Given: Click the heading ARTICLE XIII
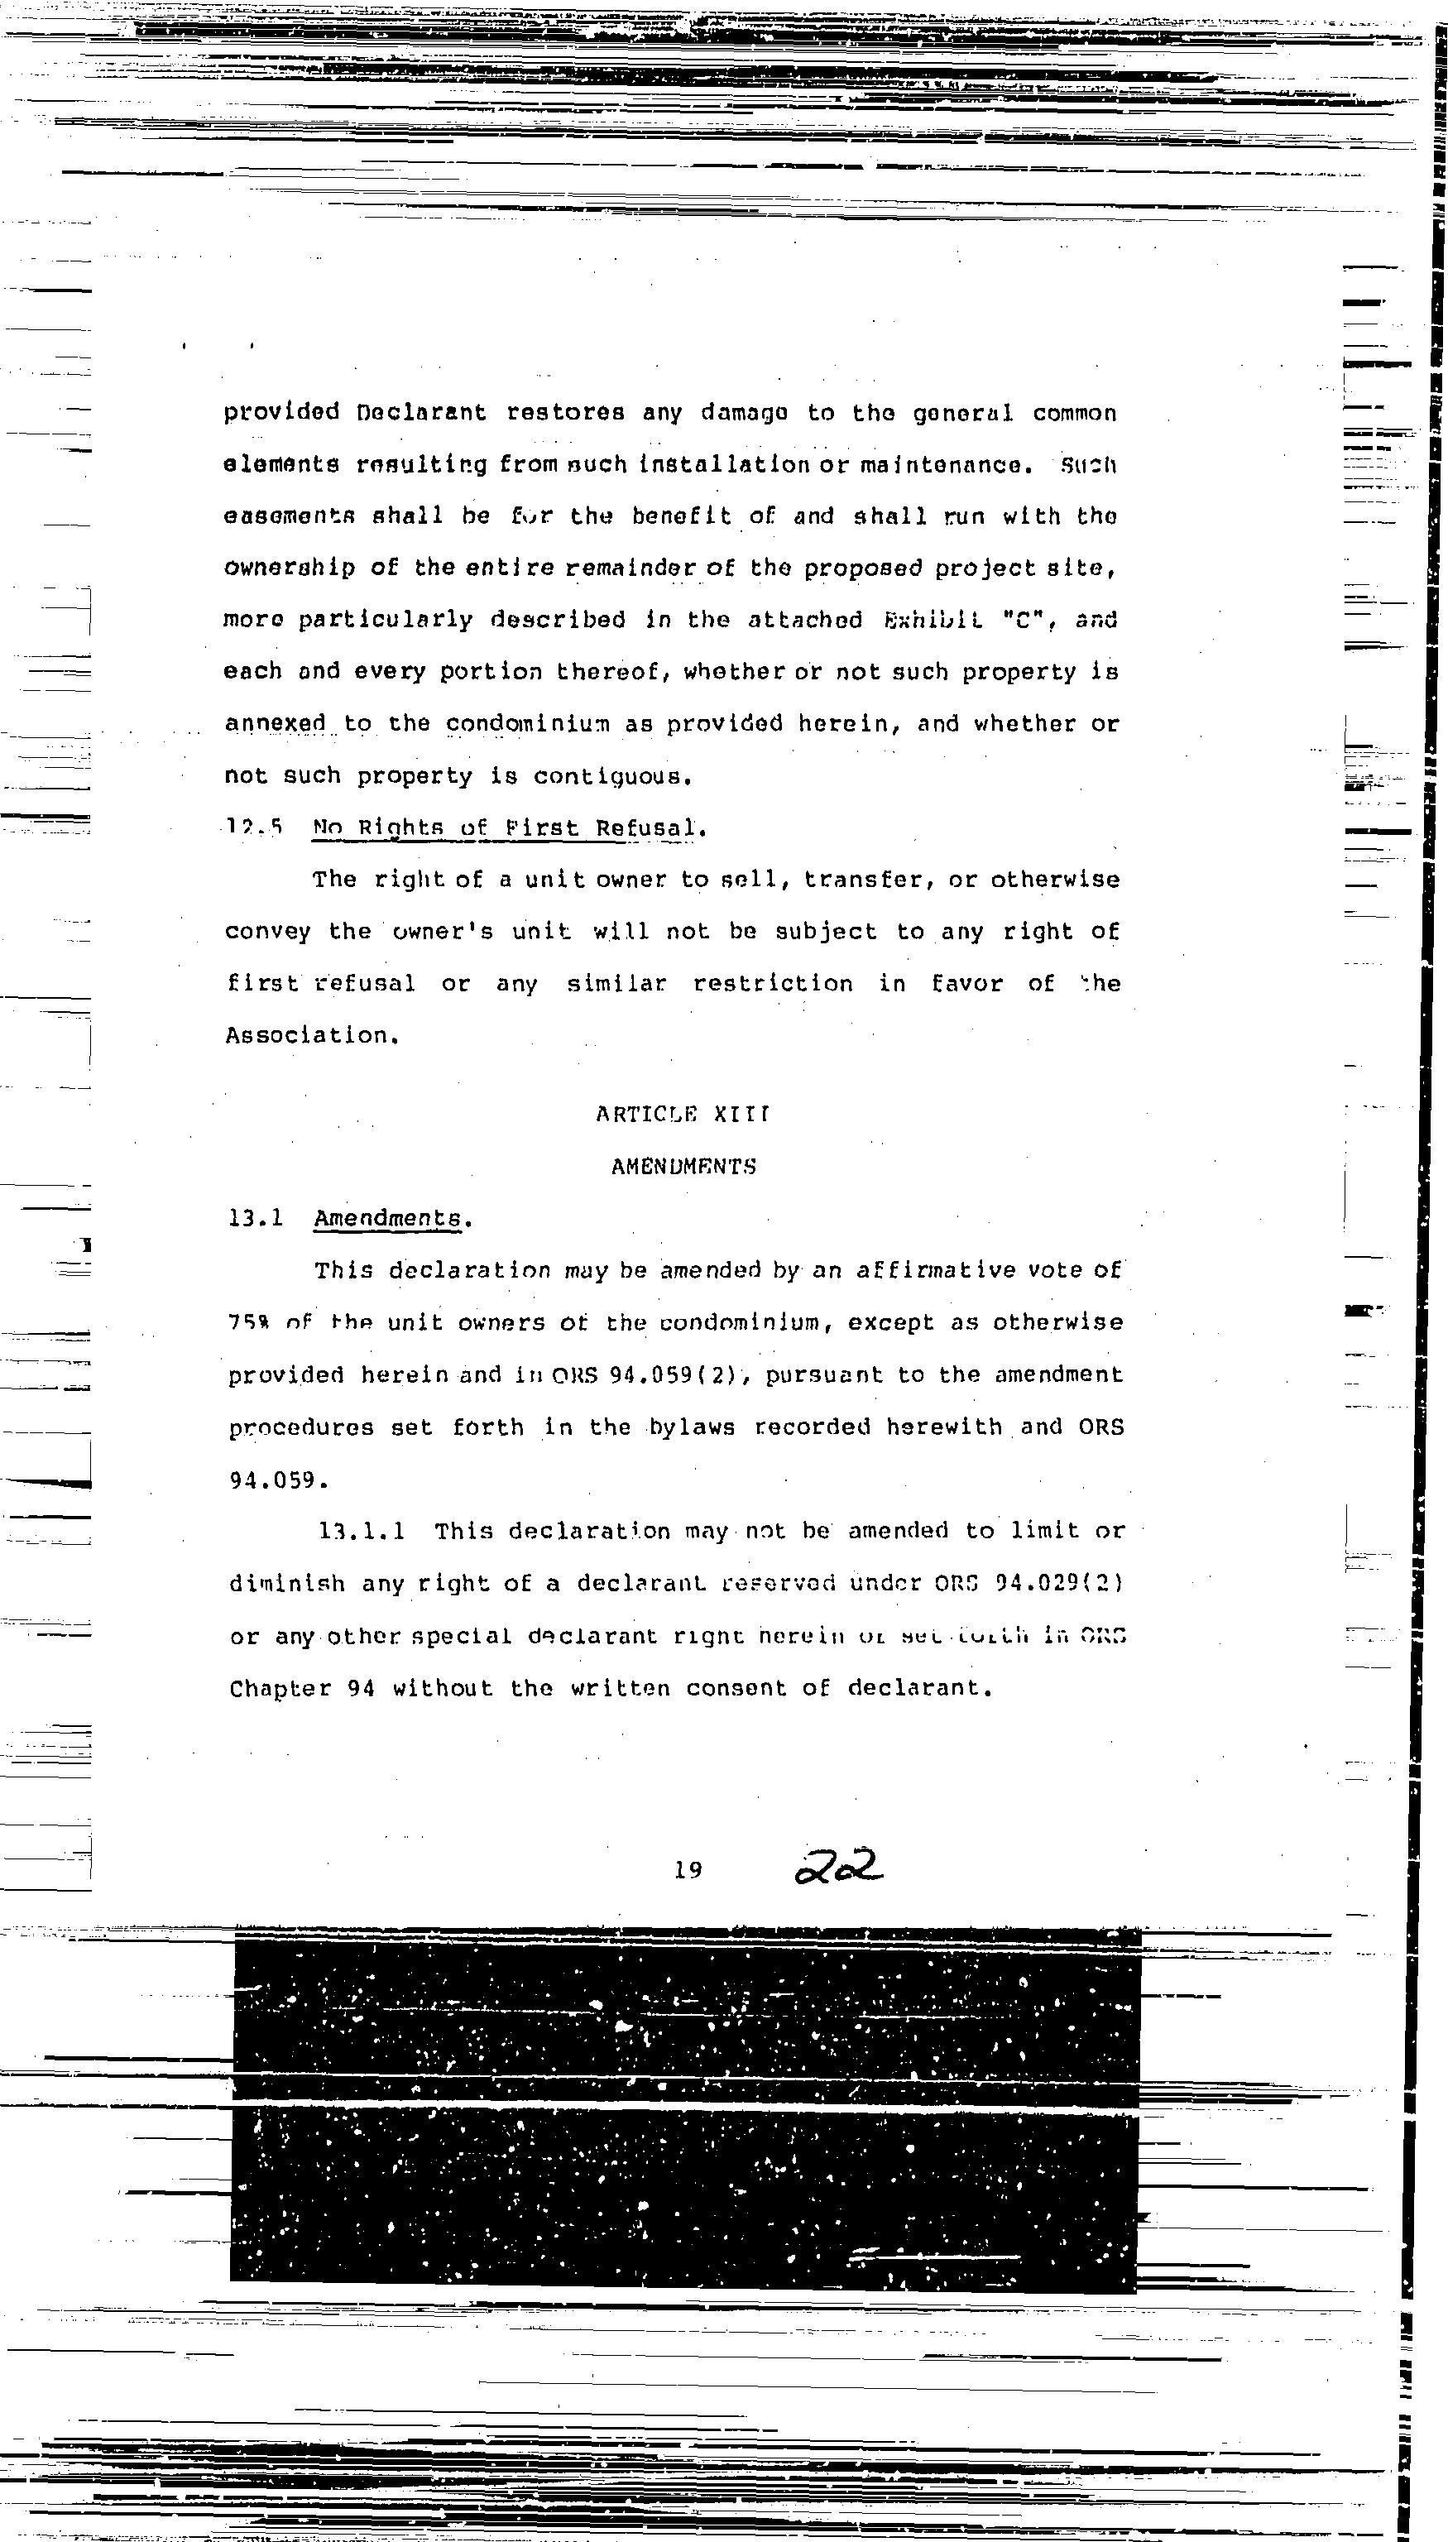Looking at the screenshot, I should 683,1115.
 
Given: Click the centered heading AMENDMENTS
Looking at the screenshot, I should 683,1167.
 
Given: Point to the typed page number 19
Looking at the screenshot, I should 688,1870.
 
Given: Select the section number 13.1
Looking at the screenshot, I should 256,1218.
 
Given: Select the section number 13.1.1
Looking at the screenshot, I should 362,1531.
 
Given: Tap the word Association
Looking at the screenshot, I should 311,1035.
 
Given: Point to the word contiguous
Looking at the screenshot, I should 611,775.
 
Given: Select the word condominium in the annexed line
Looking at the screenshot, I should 527,724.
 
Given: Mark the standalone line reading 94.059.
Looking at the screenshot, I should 277,1480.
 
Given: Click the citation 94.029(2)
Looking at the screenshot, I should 1060,1582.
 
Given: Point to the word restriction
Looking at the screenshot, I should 773,984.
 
